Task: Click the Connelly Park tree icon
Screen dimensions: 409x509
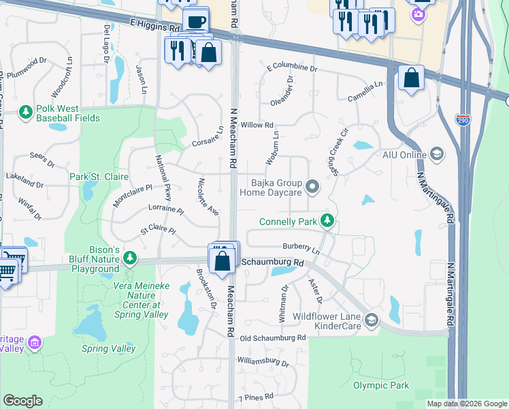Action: click(x=327, y=220)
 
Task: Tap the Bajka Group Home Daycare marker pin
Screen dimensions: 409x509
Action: click(x=312, y=185)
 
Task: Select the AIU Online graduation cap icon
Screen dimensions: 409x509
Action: click(x=436, y=154)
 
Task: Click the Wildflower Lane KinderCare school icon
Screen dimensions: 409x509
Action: click(x=371, y=319)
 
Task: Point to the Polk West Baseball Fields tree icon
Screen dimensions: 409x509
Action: click(x=25, y=111)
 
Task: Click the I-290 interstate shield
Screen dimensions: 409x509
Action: click(x=461, y=119)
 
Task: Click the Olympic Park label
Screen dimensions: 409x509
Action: click(x=381, y=385)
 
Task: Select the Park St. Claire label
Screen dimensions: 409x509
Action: click(x=99, y=177)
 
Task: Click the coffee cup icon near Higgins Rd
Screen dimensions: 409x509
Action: click(x=195, y=21)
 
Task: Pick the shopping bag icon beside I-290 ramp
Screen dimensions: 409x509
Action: click(x=411, y=78)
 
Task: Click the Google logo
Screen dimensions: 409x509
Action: click(x=22, y=401)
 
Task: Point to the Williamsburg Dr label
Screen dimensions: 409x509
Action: click(x=262, y=361)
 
